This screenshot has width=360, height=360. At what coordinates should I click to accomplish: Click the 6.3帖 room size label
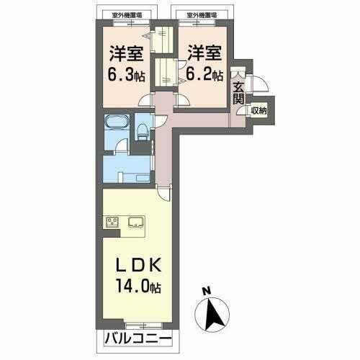(126, 74)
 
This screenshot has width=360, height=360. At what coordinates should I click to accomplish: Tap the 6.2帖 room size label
(205, 74)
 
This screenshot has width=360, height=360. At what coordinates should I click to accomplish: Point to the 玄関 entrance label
(238, 93)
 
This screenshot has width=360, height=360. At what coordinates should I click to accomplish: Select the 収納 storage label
(259, 110)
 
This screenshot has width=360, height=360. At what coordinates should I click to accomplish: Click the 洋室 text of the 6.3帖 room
(125, 53)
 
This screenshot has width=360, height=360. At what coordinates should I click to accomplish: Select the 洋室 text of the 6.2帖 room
(204, 53)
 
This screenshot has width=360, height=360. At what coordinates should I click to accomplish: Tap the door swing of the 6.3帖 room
(146, 101)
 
